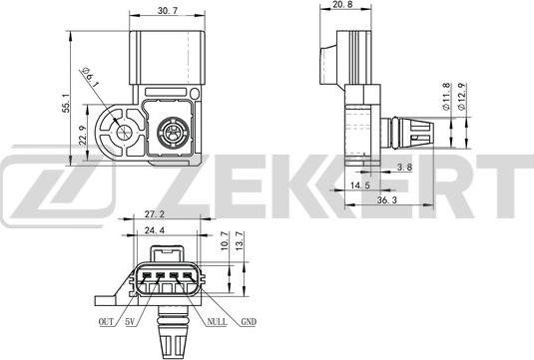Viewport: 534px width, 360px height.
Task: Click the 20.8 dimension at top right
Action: (342, 6)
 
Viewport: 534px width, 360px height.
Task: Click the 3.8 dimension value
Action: (404, 168)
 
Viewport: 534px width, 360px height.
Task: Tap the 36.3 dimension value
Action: (388, 200)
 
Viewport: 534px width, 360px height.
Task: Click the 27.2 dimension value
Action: (155, 214)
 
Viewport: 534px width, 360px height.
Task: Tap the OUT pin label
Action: (106, 322)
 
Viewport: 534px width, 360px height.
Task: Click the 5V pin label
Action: (130, 322)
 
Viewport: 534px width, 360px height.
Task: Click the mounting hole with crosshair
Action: (122, 132)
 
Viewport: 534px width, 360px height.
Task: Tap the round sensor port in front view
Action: (169, 130)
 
